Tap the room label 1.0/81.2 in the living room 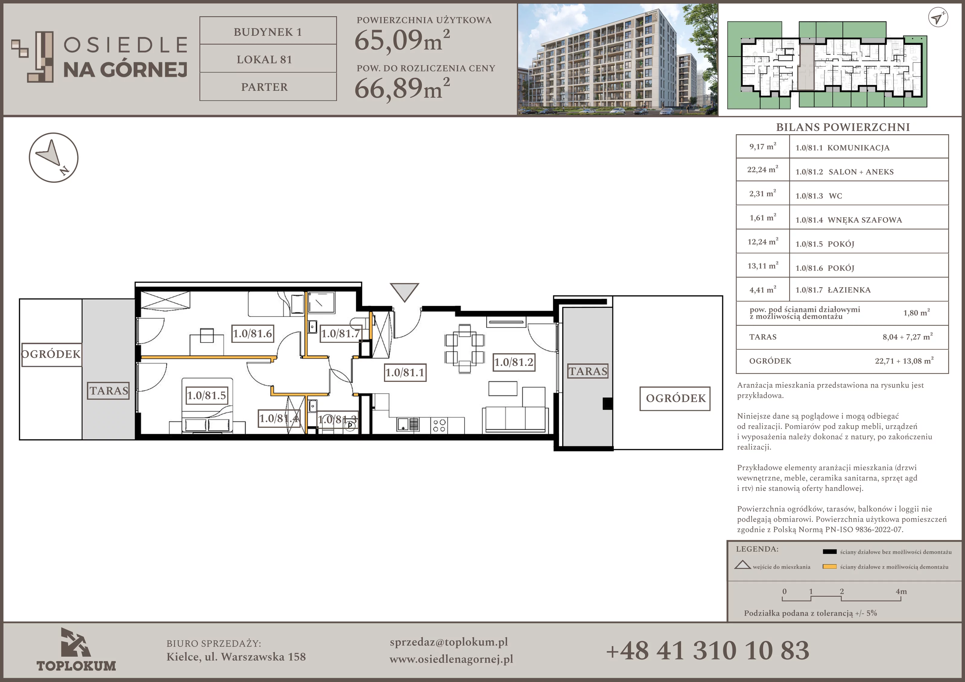(514, 362)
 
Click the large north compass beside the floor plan (54, 158)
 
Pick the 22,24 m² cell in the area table (762, 170)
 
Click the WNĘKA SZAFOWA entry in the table (865, 220)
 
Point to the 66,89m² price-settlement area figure (402, 88)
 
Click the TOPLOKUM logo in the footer (76, 650)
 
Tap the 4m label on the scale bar (901, 592)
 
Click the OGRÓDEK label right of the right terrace (675, 398)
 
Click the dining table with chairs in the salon (464, 349)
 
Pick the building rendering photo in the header (617, 59)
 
